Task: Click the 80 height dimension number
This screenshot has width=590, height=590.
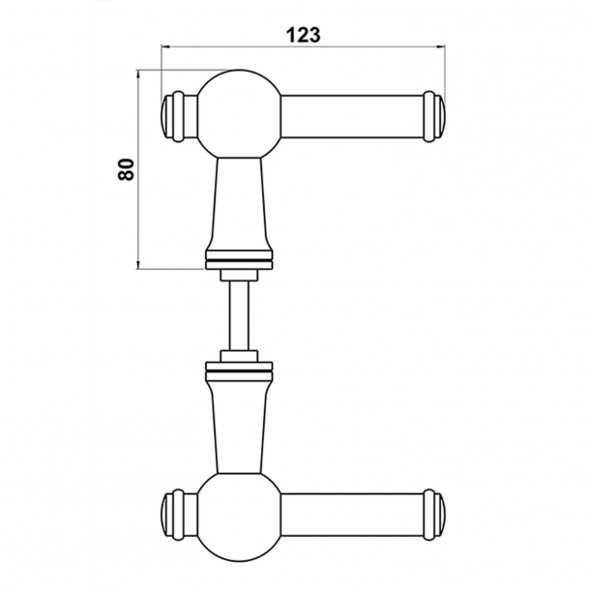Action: (124, 168)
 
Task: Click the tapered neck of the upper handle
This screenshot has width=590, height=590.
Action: (239, 203)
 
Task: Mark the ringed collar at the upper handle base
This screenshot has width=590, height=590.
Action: (239, 259)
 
